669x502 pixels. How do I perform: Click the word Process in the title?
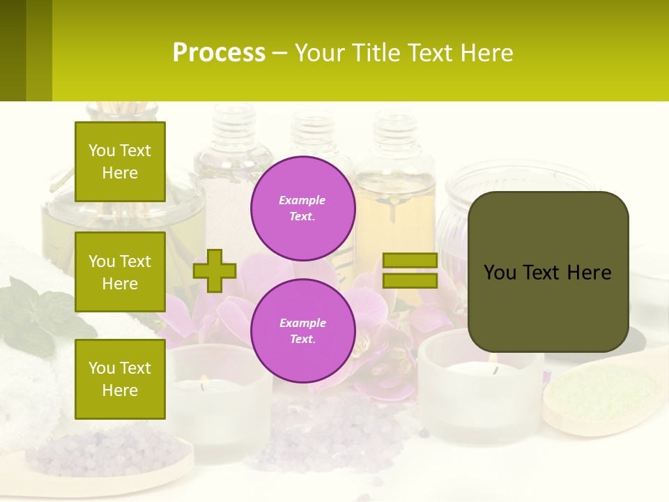pos(219,53)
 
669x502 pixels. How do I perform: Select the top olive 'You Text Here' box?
pos(120,162)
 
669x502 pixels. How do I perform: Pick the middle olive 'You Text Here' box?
pos(120,272)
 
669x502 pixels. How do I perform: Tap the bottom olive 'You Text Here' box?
pos(120,379)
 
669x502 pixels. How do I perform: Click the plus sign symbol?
pos(215,271)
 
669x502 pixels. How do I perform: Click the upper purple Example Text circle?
pos(303,208)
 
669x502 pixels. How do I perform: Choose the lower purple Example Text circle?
pos(303,330)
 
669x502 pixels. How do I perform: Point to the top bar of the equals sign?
pos(410,260)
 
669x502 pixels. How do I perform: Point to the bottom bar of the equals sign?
pos(410,280)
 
